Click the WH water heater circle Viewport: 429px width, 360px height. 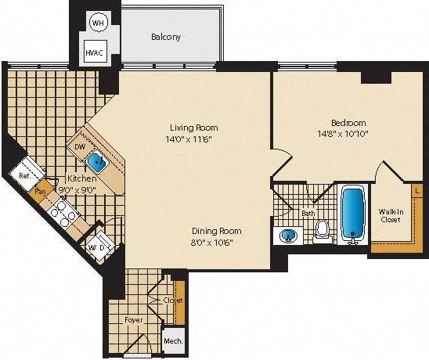[x=97, y=23]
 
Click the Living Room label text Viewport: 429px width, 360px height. [x=193, y=128]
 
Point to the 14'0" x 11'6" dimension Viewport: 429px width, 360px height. [x=193, y=139]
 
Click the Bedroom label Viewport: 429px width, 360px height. [x=348, y=123]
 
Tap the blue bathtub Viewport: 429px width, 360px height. [x=353, y=211]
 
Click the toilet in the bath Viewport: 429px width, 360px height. [x=321, y=230]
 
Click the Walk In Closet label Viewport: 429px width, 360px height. [x=390, y=215]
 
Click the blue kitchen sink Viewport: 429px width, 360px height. [x=98, y=163]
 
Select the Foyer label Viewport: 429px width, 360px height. [x=133, y=319]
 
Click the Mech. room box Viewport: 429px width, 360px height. [x=171, y=342]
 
